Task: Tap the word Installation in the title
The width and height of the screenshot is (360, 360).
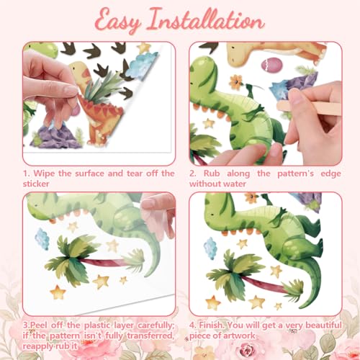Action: click(x=206, y=20)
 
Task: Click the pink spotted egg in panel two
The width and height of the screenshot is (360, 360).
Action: click(x=271, y=65)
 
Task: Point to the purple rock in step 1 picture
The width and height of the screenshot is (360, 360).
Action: click(x=55, y=137)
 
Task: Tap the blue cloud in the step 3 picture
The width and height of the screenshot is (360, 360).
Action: click(x=42, y=239)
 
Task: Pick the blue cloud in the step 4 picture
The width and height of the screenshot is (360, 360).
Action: click(x=210, y=248)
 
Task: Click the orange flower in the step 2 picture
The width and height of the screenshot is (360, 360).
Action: click(x=236, y=82)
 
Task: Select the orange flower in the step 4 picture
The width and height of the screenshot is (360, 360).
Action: click(x=251, y=197)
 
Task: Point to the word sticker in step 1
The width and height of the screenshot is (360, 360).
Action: click(x=36, y=184)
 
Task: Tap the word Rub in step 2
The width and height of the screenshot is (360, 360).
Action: click(x=212, y=174)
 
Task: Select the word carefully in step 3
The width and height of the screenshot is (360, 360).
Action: click(x=156, y=325)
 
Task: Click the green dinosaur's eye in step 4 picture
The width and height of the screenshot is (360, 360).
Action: click(x=213, y=214)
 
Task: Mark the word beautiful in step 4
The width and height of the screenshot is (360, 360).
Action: click(x=323, y=325)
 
